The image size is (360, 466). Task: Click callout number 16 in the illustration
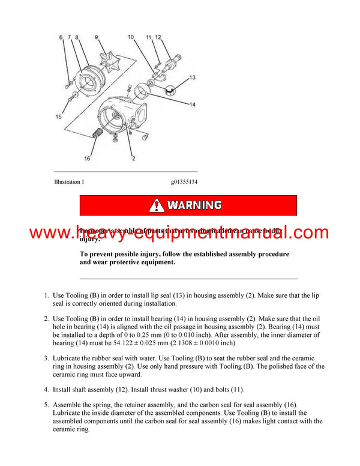click(88, 159)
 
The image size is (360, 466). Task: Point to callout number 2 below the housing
click(133, 159)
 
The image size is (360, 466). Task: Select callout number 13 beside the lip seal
click(192, 77)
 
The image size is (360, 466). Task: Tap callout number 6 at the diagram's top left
click(61, 38)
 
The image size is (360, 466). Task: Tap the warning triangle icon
click(157, 205)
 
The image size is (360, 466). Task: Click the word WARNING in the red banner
click(194, 205)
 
